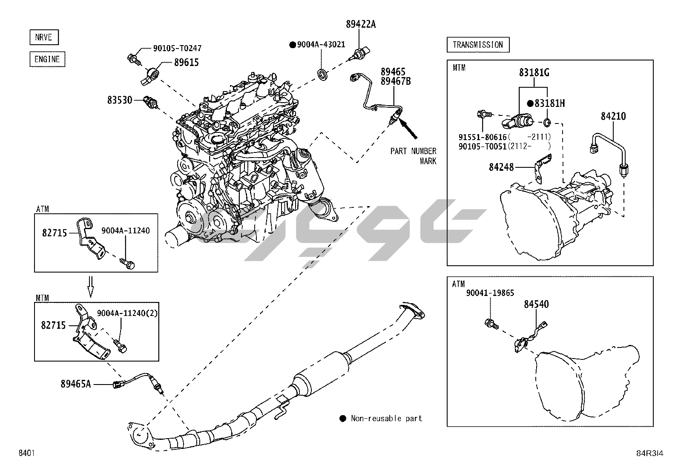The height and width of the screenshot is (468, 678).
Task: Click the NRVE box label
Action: (43, 37)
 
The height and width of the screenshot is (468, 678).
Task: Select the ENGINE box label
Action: (47, 59)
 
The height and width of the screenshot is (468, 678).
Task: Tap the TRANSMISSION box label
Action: (477, 45)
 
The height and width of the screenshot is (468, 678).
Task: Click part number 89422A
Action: (361, 24)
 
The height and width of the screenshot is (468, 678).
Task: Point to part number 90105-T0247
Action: (177, 48)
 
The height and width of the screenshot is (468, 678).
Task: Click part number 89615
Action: (186, 63)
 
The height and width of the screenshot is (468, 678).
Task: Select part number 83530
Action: (120, 100)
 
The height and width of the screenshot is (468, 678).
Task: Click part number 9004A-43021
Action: (321, 45)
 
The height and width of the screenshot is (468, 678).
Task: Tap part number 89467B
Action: (395, 81)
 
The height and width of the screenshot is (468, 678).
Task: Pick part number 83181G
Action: (534, 73)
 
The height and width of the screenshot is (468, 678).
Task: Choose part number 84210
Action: (613, 116)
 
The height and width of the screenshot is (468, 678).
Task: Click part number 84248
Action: (501, 167)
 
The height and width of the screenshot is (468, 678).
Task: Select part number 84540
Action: (536, 304)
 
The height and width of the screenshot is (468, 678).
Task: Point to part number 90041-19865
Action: (490, 293)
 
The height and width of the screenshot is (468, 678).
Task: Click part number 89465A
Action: (76, 384)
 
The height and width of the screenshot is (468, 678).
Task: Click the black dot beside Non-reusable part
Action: (343, 419)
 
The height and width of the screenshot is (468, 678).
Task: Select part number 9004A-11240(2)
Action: (127, 313)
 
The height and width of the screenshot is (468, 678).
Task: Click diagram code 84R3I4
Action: (649, 453)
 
